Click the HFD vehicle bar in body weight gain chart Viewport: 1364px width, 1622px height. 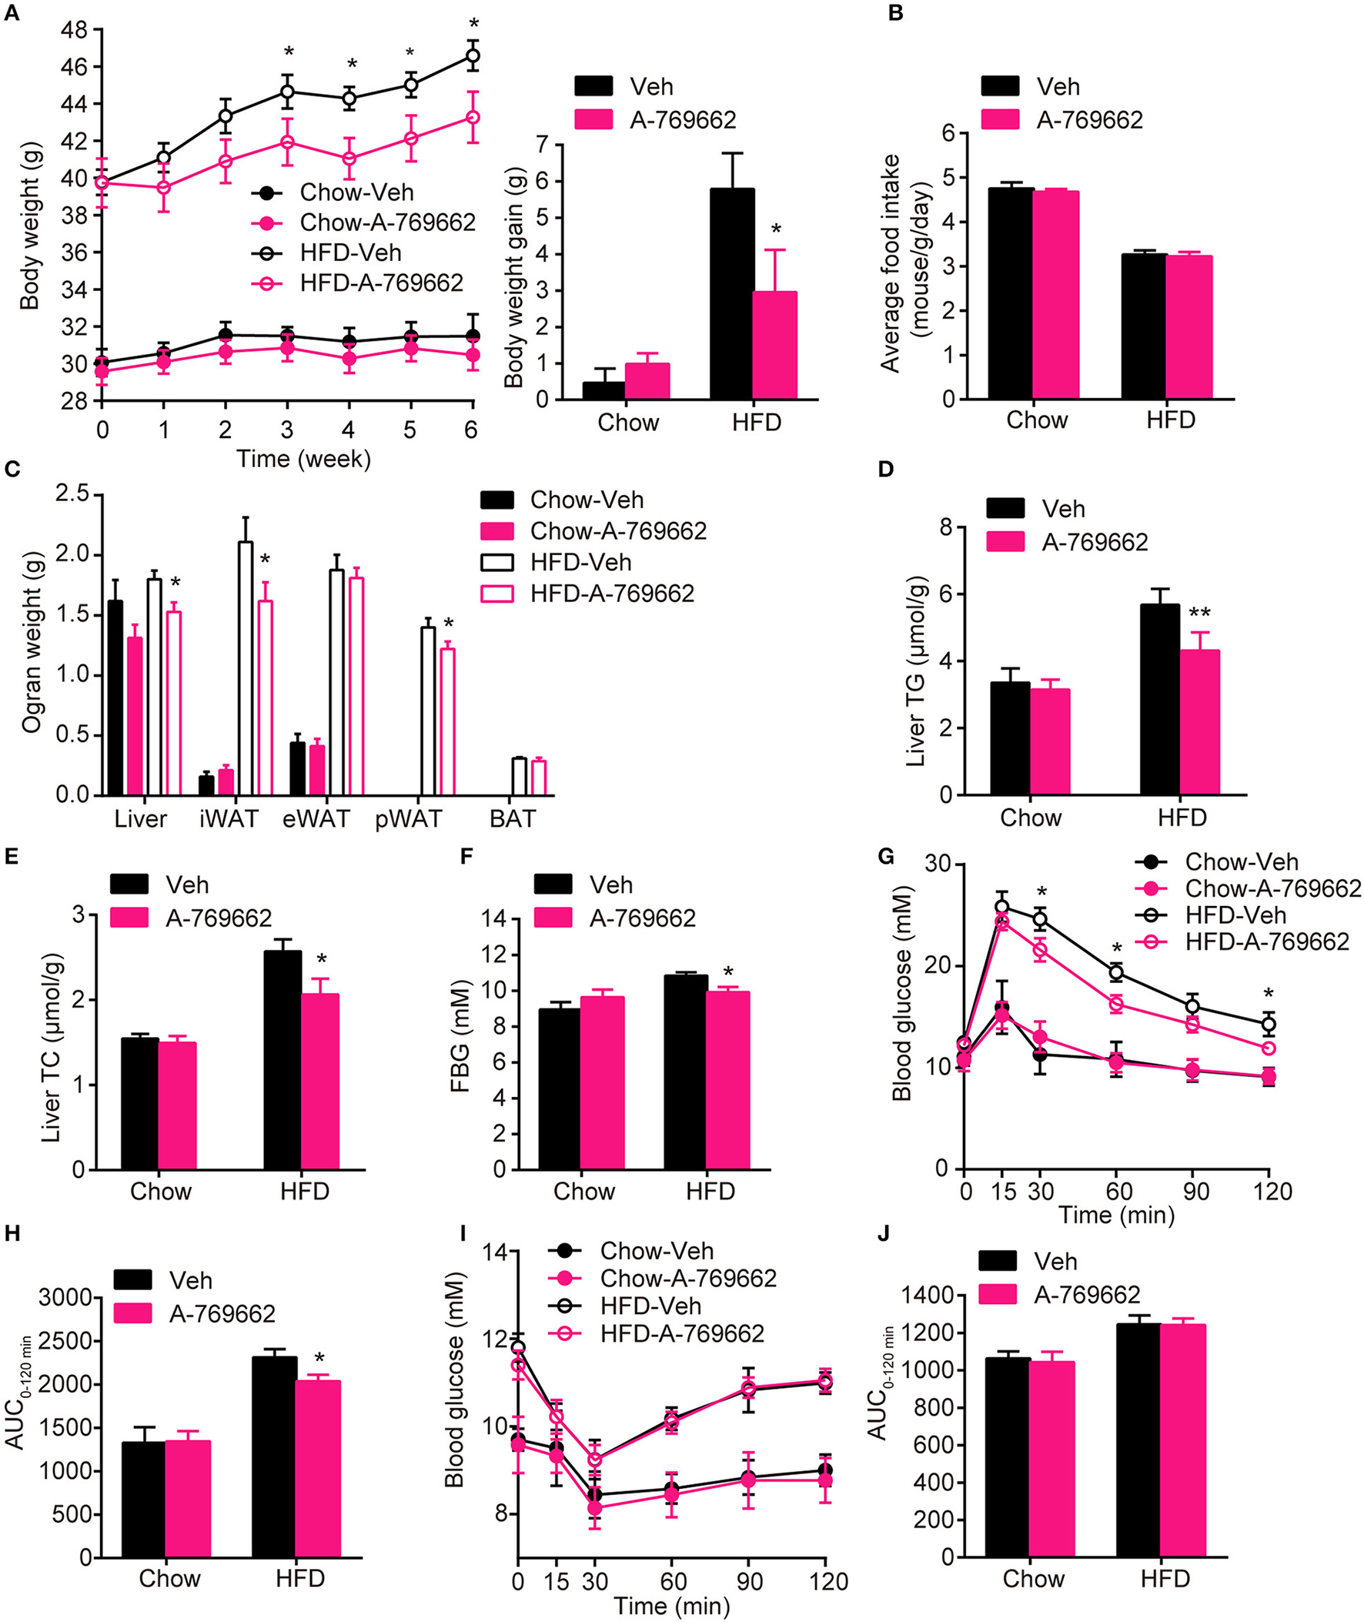point(731,295)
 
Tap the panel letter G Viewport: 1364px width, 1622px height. point(887,856)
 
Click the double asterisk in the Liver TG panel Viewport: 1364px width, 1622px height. point(1199,614)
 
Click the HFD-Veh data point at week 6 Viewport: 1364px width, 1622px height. point(472,55)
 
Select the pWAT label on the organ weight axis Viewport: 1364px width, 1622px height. point(408,819)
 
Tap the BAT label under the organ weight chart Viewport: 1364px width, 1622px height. point(512,819)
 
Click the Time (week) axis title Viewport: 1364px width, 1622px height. point(303,459)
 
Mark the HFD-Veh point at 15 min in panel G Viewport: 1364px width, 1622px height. point(1002,907)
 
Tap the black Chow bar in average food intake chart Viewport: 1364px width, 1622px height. point(1011,294)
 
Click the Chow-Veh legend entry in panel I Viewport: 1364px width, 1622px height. point(656,1251)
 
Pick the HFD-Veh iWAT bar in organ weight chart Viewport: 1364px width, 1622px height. point(246,669)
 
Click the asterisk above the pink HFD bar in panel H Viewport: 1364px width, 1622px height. point(319,1359)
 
